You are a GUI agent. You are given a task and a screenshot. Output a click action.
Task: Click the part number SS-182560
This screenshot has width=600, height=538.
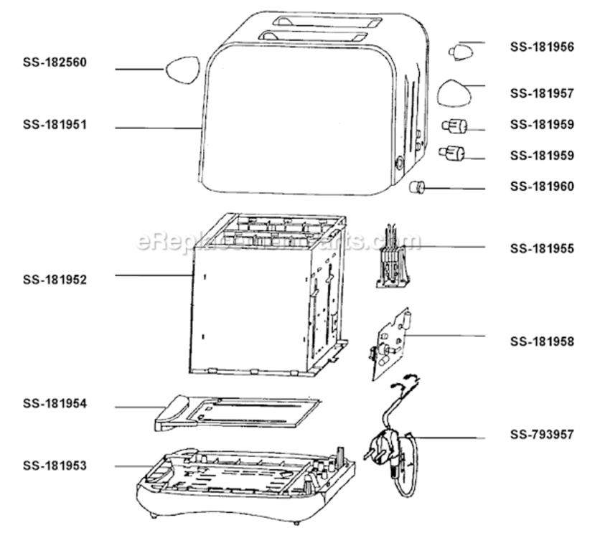click(x=55, y=62)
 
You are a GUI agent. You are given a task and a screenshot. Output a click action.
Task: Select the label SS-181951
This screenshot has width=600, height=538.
click(x=55, y=125)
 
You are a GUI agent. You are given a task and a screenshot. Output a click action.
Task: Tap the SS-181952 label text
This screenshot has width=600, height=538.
click(x=55, y=280)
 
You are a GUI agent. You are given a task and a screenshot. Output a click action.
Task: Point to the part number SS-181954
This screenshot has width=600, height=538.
click(x=55, y=403)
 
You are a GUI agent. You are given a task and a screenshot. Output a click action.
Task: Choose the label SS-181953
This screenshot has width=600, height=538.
click(x=55, y=466)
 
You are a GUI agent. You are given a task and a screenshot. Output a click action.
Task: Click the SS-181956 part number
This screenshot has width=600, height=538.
click(x=542, y=47)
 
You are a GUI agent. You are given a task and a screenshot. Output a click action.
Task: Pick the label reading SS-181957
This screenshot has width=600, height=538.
click(x=542, y=93)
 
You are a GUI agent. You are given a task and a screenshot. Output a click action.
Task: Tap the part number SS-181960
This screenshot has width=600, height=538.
click(x=542, y=187)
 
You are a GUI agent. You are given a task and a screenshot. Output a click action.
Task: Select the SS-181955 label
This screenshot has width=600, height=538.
click(x=542, y=248)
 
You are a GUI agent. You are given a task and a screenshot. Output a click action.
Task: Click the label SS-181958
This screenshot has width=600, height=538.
click(x=542, y=341)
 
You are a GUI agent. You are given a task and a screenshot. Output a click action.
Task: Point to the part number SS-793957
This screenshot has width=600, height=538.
click(x=542, y=435)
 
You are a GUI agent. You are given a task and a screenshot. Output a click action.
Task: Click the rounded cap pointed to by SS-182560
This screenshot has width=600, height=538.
click(x=183, y=70)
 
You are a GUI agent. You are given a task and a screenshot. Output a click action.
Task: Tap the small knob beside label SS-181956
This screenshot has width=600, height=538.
click(x=461, y=53)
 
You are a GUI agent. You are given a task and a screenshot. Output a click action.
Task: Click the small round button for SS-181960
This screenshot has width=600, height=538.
click(x=417, y=187)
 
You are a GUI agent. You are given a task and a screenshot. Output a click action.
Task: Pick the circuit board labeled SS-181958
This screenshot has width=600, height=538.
click(x=390, y=344)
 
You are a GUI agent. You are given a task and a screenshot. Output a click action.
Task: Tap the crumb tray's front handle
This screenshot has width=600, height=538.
click(x=171, y=413)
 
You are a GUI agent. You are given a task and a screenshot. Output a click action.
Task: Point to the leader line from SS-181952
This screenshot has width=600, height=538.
click(x=154, y=275)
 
